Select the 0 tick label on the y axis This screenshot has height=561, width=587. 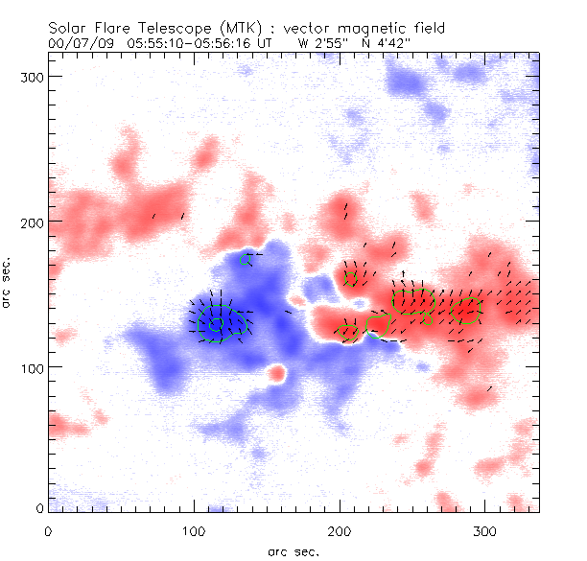pos(37,507)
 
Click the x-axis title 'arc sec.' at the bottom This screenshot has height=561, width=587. pos(293,551)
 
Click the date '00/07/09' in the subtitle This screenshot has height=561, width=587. pos(79,43)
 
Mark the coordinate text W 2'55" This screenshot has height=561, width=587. pos(320,43)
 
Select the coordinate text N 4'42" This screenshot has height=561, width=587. pos(378,43)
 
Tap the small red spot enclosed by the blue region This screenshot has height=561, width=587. pos(278,372)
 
